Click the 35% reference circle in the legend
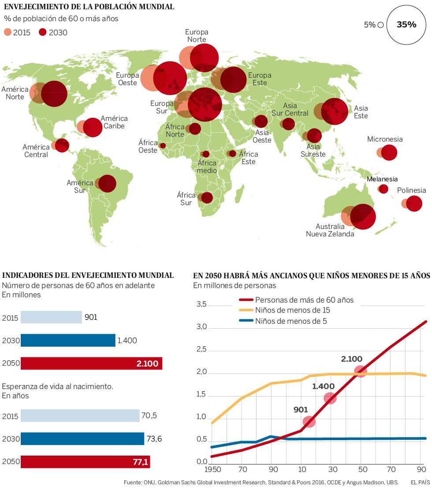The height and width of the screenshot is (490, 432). [406, 25]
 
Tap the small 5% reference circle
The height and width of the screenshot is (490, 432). [380, 25]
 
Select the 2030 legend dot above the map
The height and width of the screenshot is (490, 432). [43, 32]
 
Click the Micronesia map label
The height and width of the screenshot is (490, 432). [385, 139]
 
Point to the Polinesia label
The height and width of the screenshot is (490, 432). [411, 191]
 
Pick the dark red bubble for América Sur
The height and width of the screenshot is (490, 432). [107, 183]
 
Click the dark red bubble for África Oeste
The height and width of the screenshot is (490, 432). [163, 146]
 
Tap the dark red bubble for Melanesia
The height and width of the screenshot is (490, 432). [384, 189]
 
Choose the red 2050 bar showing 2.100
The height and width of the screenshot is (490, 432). [91, 363]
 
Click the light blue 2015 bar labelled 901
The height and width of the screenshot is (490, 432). [51, 317]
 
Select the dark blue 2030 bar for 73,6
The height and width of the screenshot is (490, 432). [82, 439]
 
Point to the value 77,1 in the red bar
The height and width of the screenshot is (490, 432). [141, 462]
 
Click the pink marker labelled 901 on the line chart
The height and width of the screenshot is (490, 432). [309, 422]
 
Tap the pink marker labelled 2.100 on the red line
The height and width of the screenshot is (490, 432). [361, 371]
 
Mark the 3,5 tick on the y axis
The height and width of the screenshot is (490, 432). [201, 305]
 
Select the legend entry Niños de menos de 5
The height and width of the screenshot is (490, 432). [291, 321]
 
